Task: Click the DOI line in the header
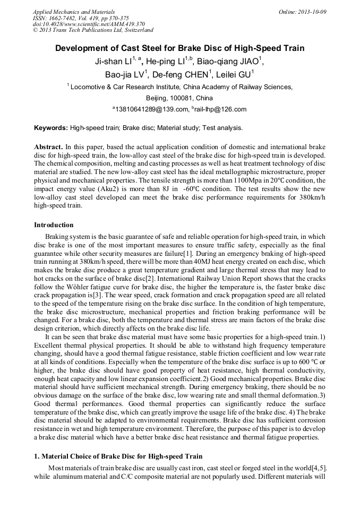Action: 89,24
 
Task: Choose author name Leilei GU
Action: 233,74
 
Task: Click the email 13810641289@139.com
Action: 152,109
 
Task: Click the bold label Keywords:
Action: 51,128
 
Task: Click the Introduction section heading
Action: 54,225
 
